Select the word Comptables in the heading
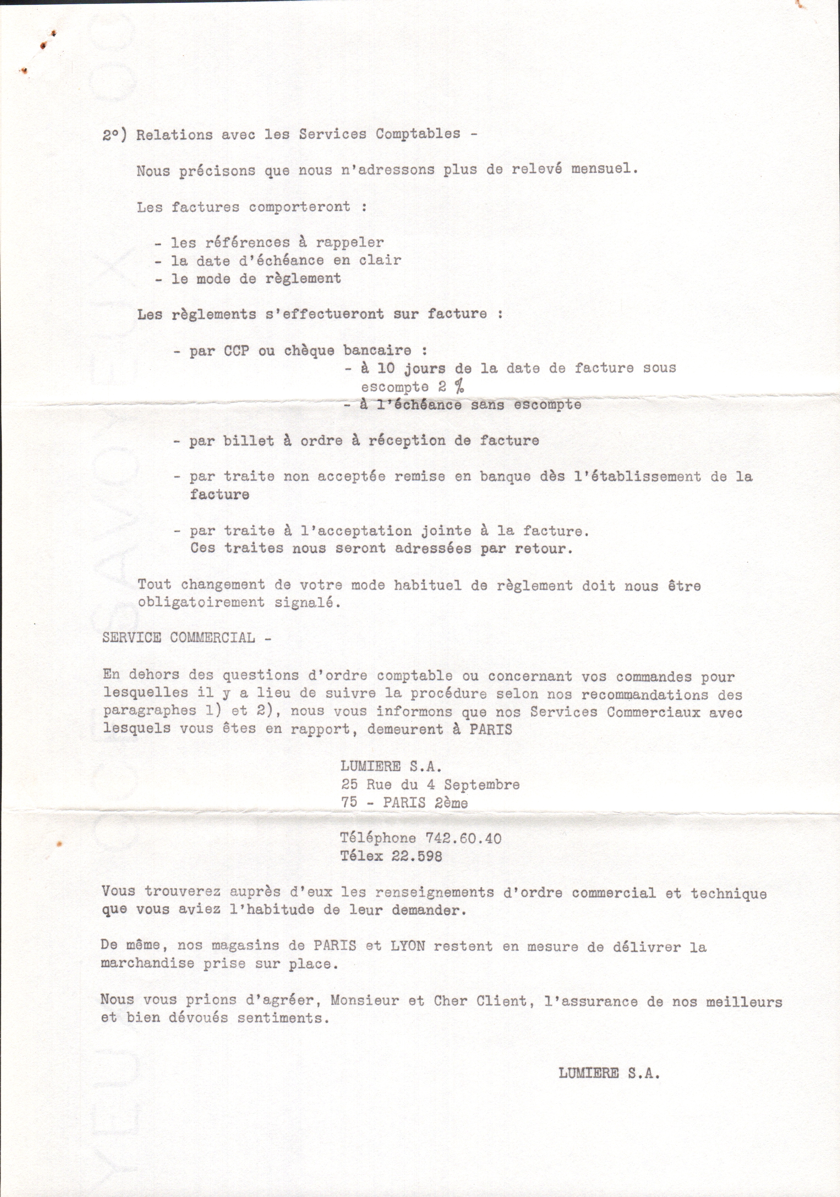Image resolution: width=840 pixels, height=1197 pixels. [418, 134]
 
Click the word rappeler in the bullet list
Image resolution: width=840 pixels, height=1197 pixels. [349, 242]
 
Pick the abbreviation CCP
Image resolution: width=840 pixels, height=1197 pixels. [236, 350]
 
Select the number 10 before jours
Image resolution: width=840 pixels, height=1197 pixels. [385, 369]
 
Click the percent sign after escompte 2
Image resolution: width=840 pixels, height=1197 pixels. [459, 386]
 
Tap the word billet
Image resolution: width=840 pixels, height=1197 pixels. [249, 441]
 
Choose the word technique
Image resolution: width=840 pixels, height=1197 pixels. [728, 893]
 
